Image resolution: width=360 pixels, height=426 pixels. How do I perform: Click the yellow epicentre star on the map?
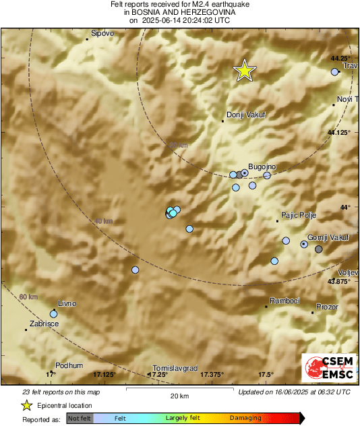(245, 70)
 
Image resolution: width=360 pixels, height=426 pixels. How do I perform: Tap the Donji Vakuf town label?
(246, 115)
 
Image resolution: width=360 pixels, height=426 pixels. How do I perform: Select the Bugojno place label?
(263, 166)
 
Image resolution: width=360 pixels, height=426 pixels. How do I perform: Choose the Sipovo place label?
(102, 33)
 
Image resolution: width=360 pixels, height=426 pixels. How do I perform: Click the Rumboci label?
(284, 301)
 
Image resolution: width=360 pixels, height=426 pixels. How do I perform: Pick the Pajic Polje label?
(298, 215)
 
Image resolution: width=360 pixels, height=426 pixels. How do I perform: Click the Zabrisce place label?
(44, 324)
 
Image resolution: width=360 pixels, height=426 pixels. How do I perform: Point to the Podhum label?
(69, 365)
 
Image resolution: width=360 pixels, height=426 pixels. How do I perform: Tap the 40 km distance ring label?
(102, 221)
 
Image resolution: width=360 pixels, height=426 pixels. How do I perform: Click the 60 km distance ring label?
(28, 297)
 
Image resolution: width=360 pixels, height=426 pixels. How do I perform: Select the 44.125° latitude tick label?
(339, 133)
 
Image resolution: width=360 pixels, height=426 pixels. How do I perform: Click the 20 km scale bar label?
(178, 396)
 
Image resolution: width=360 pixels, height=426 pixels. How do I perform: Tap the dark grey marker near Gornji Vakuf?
(319, 249)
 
